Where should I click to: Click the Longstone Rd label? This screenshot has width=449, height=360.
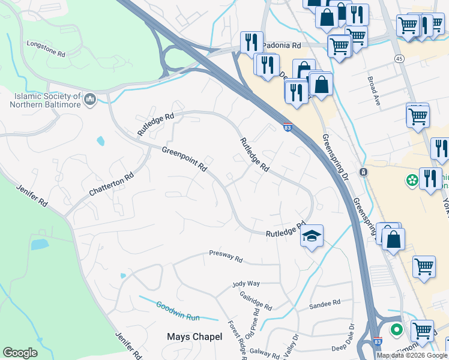pyautogui.click(x=46, y=49)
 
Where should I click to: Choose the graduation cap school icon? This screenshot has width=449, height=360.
pyautogui.click(x=312, y=235)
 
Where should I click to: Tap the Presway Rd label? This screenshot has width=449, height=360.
pyautogui.click(x=226, y=256)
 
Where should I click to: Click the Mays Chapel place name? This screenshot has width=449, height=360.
pyautogui.click(x=194, y=337)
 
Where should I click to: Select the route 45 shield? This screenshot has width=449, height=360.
pyautogui.click(x=399, y=58)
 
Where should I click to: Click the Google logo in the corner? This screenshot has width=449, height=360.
pyautogui.click(x=20, y=353)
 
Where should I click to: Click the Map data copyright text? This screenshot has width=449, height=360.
pyautogui.click(x=411, y=355)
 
